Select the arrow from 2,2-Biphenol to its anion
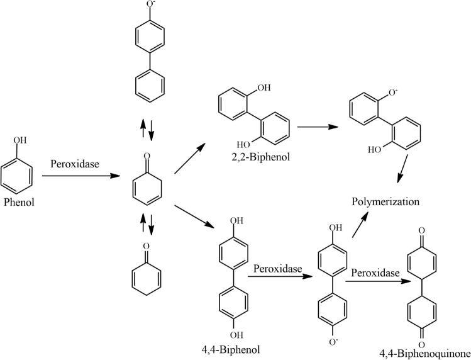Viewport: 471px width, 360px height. tap(318, 127)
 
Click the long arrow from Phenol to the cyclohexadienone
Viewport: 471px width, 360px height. tap(81, 176)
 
